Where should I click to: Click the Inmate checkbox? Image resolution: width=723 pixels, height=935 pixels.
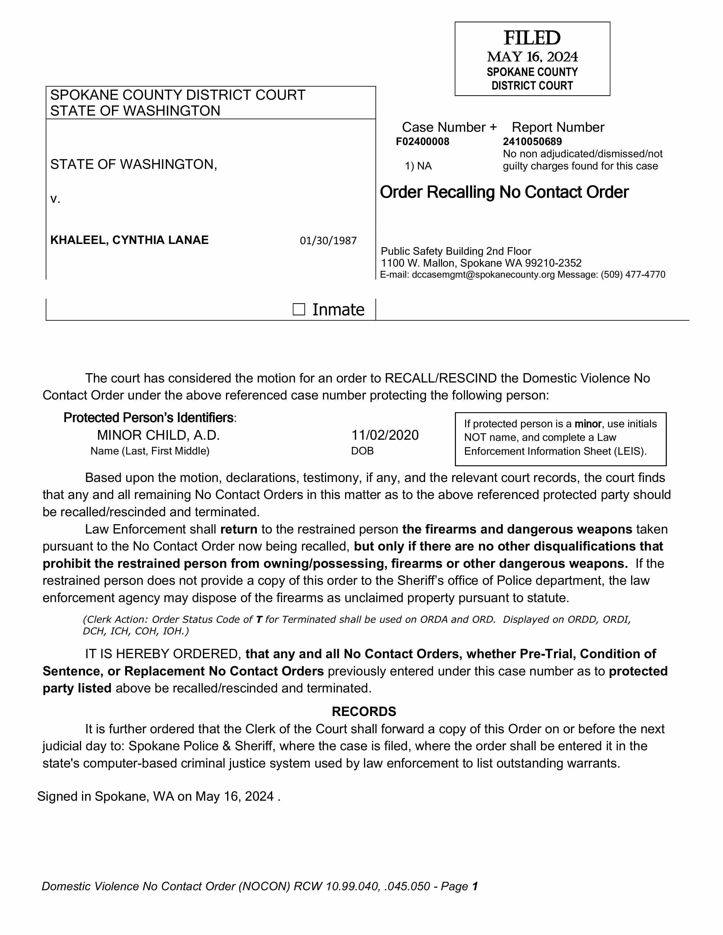299,309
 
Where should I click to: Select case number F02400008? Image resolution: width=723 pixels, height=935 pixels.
422,142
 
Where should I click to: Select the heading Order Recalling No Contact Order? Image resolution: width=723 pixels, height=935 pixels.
504,192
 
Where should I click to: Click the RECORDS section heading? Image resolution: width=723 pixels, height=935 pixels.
364,711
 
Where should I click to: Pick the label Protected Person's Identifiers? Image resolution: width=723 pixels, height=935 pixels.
149,417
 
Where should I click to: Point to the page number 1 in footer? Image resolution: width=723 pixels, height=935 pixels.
475,886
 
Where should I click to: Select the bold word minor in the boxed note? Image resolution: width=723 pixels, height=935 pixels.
588,424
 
